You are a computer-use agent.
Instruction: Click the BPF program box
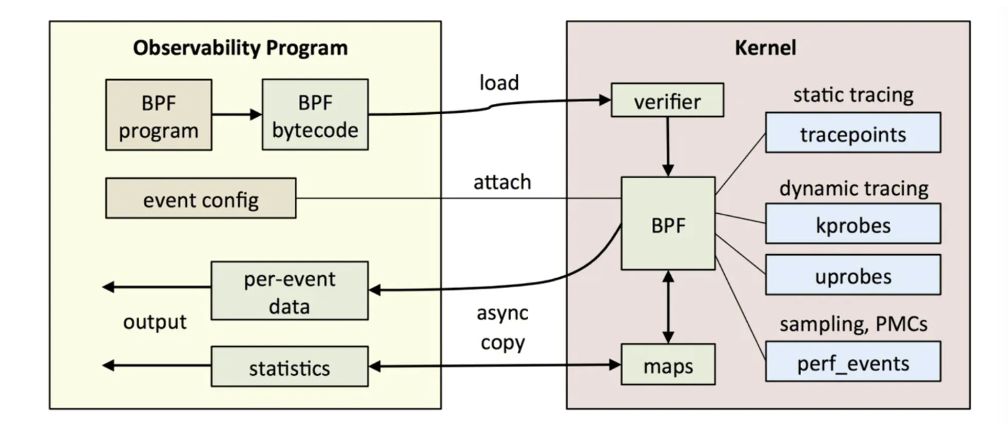[159, 115]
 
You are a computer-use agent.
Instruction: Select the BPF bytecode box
[315, 115]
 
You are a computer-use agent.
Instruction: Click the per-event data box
[289, 290]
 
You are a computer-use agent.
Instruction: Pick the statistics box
[289, 367]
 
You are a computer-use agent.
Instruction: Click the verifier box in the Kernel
[667, 101]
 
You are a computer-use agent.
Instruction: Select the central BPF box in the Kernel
[667, 223]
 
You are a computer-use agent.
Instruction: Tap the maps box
[667, 364]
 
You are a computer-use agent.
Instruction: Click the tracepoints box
[852, 133]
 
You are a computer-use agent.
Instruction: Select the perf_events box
[852, 361]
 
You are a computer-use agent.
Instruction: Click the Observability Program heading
[240, 48]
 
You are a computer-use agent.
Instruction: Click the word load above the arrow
[499, 82]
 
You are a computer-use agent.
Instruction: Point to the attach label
[502, 182]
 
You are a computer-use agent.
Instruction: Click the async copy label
[502, 327]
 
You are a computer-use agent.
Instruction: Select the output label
[155, 321]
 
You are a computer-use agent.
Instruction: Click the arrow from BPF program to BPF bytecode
[237, 114]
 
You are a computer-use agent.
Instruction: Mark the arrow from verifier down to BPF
[667, 146]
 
